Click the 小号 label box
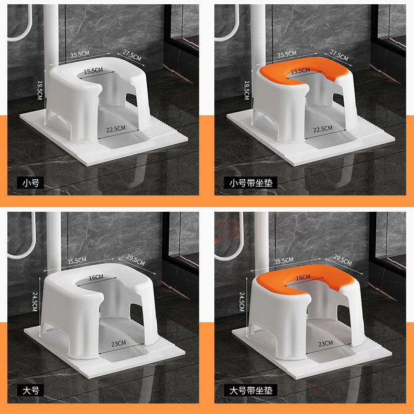30,182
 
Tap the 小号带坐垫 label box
250,182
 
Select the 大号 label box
30,390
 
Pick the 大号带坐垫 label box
250,390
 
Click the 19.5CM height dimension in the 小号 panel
40,90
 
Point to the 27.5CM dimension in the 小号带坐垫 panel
339,56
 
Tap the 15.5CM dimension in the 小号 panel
93,71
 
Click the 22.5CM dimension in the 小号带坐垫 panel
323,129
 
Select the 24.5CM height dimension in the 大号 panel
35,301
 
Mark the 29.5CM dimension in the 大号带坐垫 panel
342,260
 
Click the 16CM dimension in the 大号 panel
96,278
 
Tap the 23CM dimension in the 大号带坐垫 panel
325,343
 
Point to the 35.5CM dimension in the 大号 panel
77,261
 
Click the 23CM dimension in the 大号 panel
118,343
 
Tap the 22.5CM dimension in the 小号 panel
116,129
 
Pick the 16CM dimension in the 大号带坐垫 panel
303,278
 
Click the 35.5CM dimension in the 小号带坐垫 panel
287,54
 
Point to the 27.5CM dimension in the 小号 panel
132,56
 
